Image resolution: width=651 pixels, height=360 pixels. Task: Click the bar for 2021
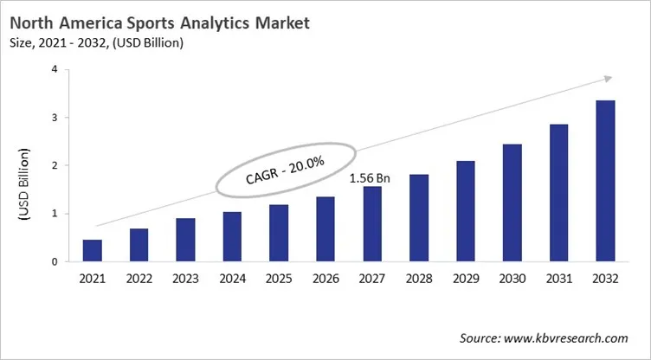[x=92, y=250]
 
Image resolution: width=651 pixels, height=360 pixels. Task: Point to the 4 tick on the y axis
[x=55, y=69]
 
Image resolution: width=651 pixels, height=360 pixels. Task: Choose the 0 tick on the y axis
[x=55, y=261]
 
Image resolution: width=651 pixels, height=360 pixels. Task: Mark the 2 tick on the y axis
[x=55, y=165]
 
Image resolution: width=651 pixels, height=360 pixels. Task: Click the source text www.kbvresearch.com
[x=554, y=337]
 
